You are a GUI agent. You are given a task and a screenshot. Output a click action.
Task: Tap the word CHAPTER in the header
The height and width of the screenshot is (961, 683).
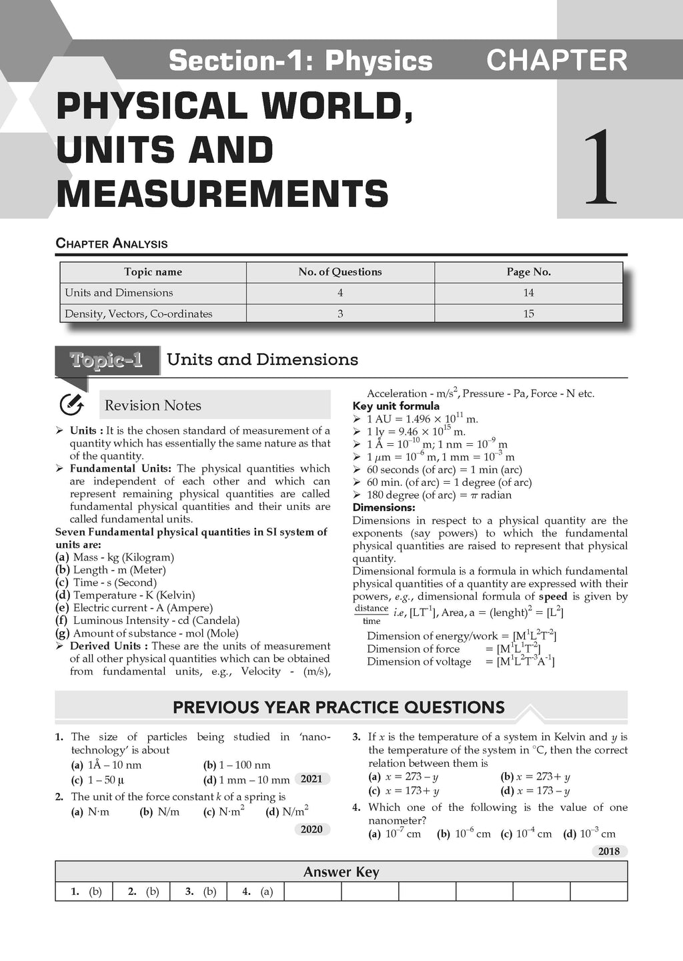(557, 60)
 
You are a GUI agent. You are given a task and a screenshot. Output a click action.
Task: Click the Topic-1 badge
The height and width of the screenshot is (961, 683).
(107, 360)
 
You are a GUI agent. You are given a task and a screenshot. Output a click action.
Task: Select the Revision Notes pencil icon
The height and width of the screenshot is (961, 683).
(71, 404)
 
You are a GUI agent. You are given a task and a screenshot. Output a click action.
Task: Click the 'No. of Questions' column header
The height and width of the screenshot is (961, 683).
(340, 272)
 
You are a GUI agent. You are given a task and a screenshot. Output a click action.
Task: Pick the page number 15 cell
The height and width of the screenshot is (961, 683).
(528, 314)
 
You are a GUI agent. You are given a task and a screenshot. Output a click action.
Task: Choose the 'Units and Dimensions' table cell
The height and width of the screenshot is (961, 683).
(119, 292)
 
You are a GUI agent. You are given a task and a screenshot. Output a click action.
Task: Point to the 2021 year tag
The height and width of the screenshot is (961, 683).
(311, 779)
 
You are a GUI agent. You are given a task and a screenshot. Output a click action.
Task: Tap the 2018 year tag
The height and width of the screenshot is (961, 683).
(609, 851)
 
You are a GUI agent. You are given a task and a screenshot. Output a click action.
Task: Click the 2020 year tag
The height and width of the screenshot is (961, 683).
(311, 830)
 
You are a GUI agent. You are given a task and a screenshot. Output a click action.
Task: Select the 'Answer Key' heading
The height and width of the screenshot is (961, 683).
(341, 872)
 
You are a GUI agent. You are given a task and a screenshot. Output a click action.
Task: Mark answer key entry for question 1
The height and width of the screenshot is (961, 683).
(86, 892)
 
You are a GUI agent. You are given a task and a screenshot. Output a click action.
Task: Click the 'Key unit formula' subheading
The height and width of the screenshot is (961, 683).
(396, 406)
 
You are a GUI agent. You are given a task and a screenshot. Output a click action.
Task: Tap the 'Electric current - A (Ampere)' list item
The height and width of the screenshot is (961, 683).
(142, 608)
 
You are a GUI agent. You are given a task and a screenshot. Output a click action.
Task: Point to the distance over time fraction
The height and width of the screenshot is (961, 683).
(372, 614)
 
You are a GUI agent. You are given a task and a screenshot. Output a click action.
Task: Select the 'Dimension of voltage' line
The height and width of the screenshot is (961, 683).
(460, 661)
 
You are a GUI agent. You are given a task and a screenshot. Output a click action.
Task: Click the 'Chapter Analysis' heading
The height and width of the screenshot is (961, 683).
(111, 244)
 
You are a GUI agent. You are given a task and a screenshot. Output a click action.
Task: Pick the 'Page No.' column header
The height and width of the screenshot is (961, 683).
(528, 272)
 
